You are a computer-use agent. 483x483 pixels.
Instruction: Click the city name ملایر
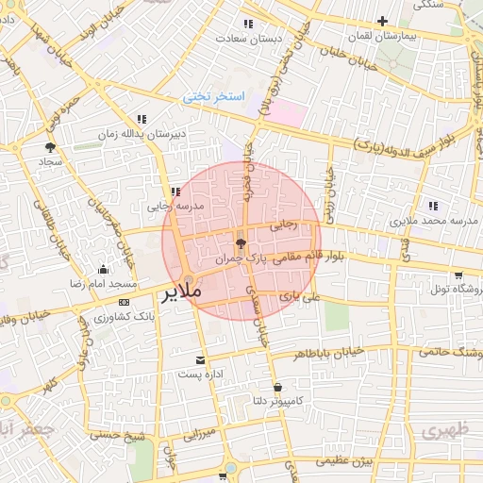pos(184,291)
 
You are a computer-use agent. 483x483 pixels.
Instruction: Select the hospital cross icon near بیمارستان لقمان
pos(382,20)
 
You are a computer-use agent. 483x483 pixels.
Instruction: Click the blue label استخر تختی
pos(214,97)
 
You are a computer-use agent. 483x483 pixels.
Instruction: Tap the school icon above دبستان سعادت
pos(247,24)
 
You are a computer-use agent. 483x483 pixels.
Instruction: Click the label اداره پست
pos(199,374)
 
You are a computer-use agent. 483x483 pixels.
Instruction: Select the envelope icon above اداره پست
pos(199,359)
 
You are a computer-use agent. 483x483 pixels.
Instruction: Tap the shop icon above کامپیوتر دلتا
pos(277,388)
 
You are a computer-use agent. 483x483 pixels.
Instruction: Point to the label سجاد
pos(49,161)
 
